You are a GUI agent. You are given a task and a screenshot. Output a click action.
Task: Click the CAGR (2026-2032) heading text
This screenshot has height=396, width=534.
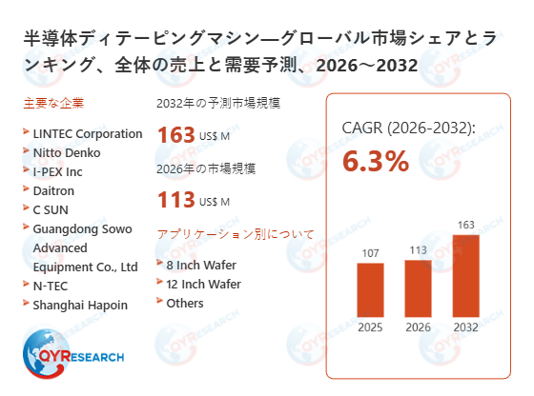pos(408,128)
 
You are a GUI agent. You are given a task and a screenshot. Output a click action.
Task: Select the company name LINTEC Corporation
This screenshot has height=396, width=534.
pos(87,133)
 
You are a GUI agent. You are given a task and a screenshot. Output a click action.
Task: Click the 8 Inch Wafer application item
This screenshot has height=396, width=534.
pos(200,265)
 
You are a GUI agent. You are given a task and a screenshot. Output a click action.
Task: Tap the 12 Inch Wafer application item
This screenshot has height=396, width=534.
pos(203,284)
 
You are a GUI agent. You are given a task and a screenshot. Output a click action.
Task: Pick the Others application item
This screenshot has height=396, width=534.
pos(185,303)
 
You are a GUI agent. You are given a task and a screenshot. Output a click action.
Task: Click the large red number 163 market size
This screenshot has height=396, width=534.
pos(175,135)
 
